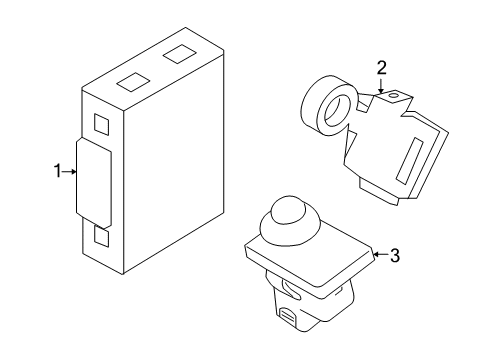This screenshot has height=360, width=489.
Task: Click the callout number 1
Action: (x=57, y=172)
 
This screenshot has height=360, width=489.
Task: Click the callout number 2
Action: (x=381, y=68)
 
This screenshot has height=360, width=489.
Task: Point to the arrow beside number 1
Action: (x=70, y=172)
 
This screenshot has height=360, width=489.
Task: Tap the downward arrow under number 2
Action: (x=381, y=86)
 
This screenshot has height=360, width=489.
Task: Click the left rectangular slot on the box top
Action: (x=133, y=83)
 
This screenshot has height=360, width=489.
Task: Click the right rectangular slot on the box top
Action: (x=180, y=53)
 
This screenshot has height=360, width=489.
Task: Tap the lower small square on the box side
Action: (x=102, y=237)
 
